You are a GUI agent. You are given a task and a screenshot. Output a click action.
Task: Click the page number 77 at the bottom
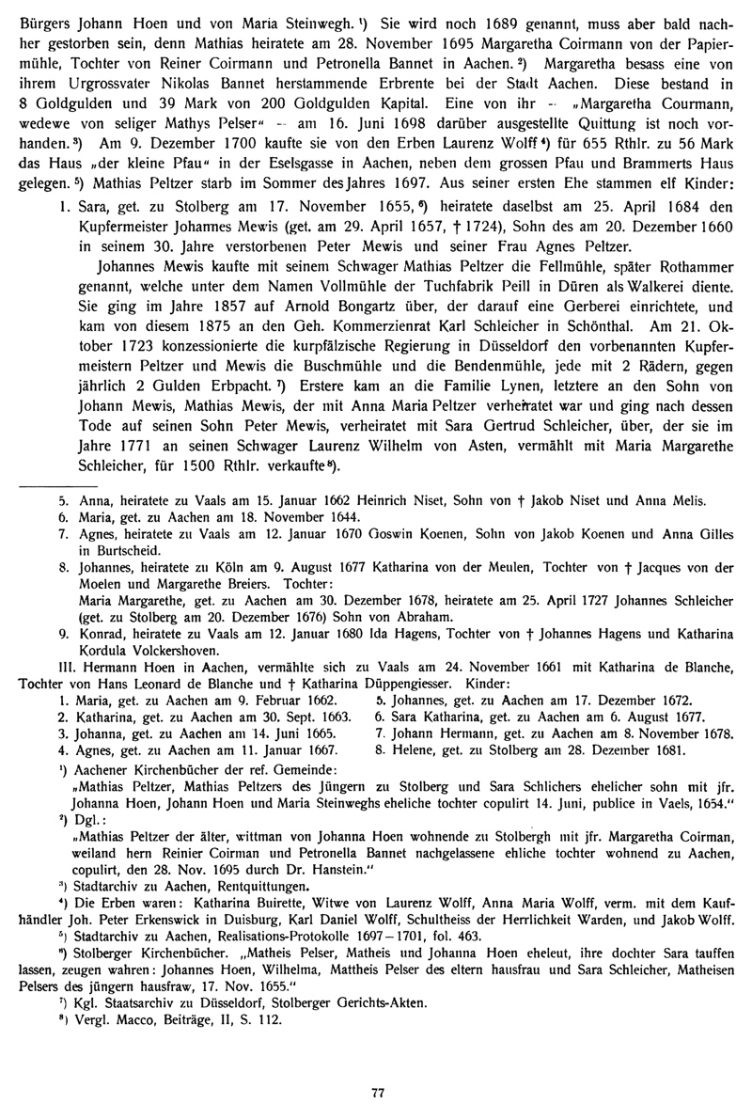(x=378, y=1092)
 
